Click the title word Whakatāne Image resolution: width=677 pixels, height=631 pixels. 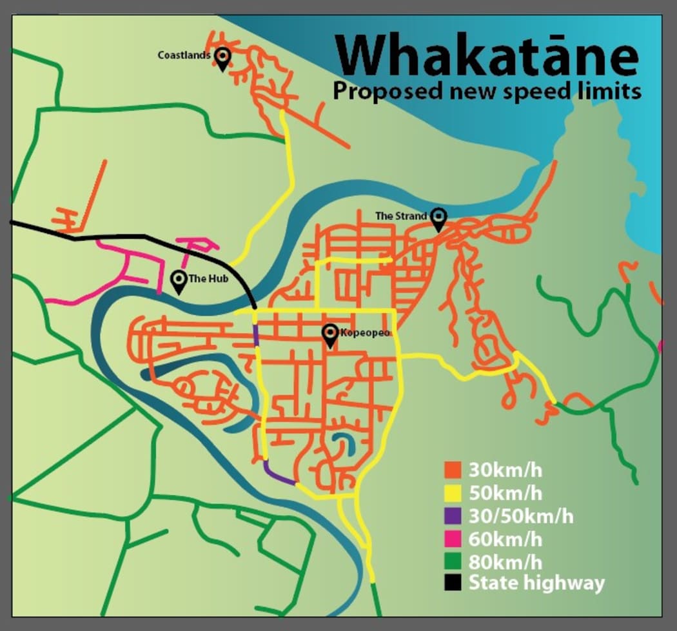(486, 55)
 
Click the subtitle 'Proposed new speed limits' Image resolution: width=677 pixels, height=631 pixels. (487, 92)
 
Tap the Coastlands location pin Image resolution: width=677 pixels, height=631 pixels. (222, 59)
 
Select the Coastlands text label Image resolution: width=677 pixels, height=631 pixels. (183, 55)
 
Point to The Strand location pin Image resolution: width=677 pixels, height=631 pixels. (438, 219)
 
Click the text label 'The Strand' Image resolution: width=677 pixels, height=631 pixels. (401, 216)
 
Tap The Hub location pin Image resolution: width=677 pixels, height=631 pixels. (179, 281)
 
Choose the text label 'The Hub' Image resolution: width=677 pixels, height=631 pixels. (205, 279)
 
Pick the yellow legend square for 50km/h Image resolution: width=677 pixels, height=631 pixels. (453, 492)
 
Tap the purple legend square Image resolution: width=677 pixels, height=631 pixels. (453, 516)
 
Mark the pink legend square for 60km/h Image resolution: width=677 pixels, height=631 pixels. (453, 538)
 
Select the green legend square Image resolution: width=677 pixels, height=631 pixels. (453, 561)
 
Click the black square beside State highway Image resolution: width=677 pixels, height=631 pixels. (453, 583)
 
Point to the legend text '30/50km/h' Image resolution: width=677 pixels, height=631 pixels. (520, 516)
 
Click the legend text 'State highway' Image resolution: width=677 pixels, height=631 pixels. (536, 583)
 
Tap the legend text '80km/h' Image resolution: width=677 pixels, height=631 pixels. (505, 561)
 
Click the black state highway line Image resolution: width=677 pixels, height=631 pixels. (129, 237)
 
